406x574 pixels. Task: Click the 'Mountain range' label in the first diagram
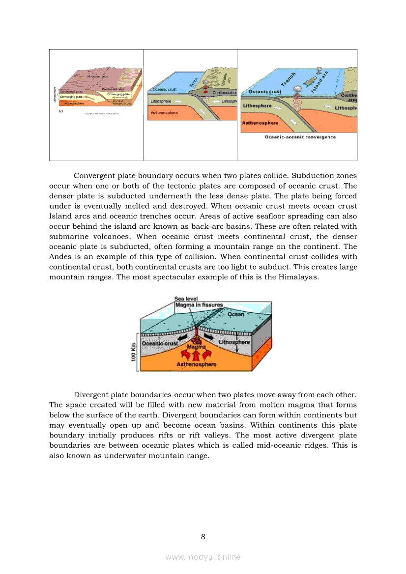point(97,77)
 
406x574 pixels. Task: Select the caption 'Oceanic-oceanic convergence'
point(300,137)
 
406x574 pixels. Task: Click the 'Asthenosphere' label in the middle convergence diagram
point(165,113)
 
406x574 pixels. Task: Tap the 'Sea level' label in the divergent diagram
point(186,299)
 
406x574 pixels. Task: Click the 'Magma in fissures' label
point(199,305)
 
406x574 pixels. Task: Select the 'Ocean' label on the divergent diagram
point(236,314)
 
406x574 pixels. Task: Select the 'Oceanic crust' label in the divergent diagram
point(160,344)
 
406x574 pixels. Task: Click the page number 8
point(203,536)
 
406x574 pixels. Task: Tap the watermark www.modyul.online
point(203,557)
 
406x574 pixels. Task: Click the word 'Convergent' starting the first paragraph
point(94,176)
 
